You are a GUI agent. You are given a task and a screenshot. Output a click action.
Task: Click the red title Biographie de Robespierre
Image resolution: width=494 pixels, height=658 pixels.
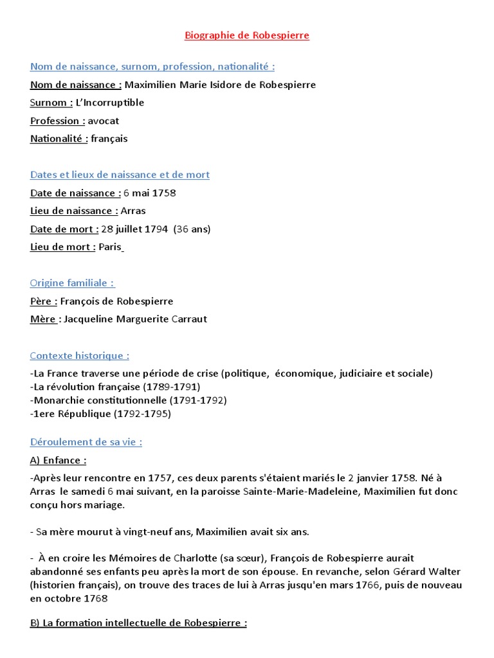click(247, 36)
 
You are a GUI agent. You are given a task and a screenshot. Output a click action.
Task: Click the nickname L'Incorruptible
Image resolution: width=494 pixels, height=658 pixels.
click(110, 103)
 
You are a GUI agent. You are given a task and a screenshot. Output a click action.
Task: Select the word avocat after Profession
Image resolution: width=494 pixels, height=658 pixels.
click(104, 121)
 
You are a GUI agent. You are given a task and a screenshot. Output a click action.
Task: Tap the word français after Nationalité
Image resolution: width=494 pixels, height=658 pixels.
click(109, 139)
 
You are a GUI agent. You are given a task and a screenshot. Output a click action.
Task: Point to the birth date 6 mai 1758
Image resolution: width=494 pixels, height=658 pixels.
click(149, 193)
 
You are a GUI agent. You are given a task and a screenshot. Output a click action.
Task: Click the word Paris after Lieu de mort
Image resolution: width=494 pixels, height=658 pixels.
click(110, 247)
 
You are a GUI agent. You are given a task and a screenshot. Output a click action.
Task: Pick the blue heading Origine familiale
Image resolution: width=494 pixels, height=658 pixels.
click(73, 283)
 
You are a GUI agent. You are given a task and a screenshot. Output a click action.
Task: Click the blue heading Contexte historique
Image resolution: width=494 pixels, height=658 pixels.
click(80, 356)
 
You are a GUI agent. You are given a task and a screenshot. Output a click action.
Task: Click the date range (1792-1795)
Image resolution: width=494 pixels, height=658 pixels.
click(143, 414)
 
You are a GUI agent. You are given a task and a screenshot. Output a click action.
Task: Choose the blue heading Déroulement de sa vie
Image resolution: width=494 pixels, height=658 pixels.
click(86, 442)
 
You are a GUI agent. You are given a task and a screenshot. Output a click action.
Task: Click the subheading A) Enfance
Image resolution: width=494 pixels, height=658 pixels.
click(58, 460)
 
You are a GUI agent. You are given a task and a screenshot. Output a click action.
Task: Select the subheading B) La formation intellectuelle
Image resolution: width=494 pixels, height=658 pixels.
click(138, 623)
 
